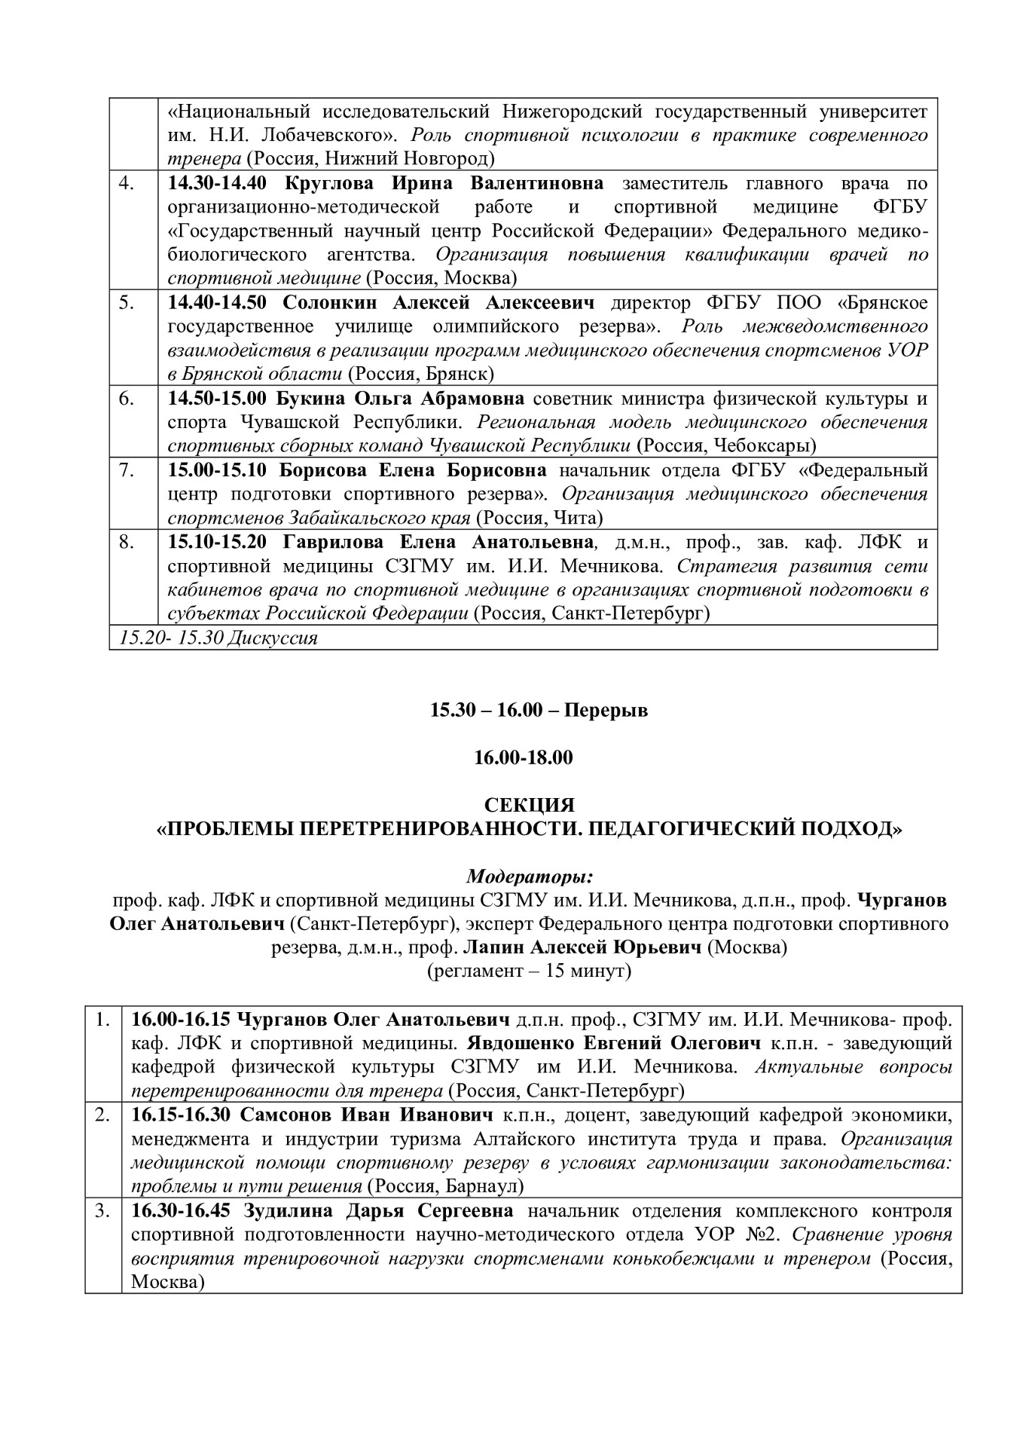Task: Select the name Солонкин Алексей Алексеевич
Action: (438, 303)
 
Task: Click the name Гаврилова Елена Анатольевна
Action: (440, 542)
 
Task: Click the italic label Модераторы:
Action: (529, 876)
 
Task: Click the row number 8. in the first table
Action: (127, 542)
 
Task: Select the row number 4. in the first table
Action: (127, 183)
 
